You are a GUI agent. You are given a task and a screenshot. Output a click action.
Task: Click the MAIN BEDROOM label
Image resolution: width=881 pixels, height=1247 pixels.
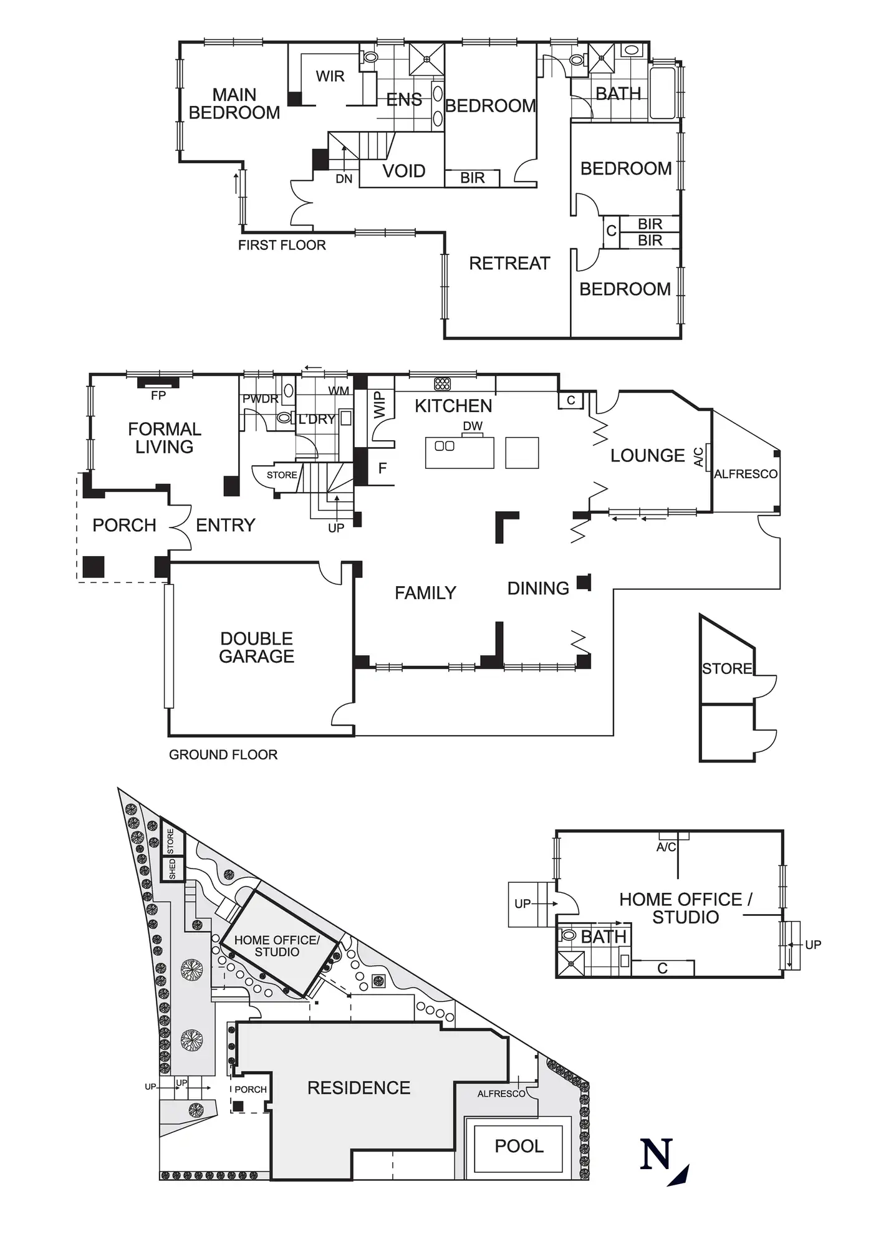coord(234,104)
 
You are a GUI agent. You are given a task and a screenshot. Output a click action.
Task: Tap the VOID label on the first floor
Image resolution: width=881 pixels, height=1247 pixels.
coord(403,171)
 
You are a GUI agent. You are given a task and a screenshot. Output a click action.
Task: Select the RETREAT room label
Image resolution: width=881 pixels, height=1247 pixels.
coord(509,263)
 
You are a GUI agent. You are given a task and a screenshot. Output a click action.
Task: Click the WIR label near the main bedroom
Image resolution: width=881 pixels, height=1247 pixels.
coord(330,76)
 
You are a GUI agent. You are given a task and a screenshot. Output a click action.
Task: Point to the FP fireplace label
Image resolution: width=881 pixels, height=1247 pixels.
coord(158,395)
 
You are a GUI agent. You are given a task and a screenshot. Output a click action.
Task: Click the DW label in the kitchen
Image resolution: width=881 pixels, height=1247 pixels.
coord(473,426)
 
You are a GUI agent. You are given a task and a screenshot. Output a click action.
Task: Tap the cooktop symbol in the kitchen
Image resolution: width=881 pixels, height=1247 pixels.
coord(442,383)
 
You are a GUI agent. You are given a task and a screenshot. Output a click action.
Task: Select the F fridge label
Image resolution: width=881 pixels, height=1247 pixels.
coord(383,468)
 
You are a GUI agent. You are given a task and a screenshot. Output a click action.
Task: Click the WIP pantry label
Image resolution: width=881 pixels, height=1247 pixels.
coord(380,405)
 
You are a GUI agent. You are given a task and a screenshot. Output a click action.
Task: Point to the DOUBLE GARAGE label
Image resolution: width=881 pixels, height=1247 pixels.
coord(256,647)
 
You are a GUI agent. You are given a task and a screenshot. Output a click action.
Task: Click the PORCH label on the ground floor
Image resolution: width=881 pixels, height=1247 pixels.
coord(124,525)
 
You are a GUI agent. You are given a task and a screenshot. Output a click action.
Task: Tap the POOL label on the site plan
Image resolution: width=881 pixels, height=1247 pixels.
coord(519,1146)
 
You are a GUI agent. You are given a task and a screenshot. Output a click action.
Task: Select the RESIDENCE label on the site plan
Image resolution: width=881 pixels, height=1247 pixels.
coord(359,1088)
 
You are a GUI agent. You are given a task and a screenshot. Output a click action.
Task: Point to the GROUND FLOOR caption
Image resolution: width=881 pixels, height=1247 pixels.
coord(223,754)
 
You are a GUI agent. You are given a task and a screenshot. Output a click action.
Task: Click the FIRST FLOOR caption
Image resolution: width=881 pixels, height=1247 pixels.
coord(282,245)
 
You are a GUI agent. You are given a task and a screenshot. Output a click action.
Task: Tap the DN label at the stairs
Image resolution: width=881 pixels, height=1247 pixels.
coord(344,179)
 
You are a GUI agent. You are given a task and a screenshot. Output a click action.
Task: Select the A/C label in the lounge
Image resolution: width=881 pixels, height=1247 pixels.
coord(698,457)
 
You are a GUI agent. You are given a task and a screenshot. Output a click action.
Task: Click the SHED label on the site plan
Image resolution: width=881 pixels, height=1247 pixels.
coord(172,869)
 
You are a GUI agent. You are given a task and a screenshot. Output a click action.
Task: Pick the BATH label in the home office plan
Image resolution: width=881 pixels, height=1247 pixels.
coord(603,936)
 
